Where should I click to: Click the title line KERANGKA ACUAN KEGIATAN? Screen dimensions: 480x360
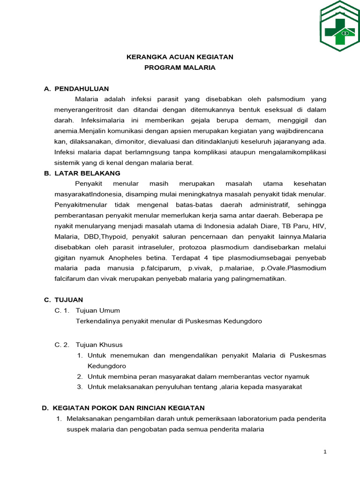click(180, 57)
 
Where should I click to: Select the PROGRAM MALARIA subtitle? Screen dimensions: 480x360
click(180, 67)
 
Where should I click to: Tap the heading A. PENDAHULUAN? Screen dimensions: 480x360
click(76, 89)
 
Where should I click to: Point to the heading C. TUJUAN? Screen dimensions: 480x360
click(64, 300)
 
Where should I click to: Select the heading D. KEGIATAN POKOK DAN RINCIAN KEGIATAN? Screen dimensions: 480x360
click(123, 408)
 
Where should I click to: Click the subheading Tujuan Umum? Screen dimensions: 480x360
click(97, 310)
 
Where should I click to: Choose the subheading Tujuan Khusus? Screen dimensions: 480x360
click(99, 345)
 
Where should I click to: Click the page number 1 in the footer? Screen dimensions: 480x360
click(324, 452)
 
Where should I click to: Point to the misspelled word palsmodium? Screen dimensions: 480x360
click(285, 99)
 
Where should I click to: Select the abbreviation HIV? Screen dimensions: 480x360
click(319, 226)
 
